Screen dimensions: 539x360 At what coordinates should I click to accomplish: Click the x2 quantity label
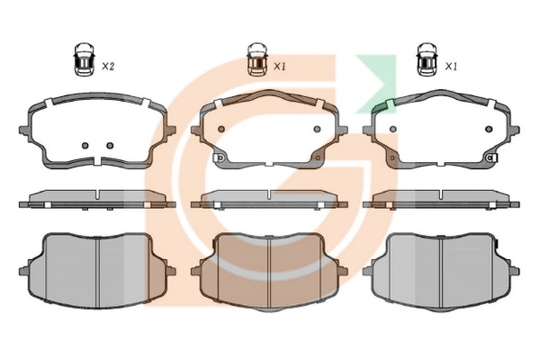[108, 67]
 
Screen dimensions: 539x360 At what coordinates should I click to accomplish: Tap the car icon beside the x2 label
[85, 59]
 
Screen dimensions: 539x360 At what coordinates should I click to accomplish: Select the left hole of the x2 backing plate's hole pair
[85, 146]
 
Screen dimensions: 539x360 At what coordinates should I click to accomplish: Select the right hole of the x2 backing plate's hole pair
[110, 146]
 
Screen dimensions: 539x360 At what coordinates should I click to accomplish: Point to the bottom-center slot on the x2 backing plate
[97, 160]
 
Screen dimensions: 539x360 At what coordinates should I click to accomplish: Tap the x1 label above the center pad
[280, 67]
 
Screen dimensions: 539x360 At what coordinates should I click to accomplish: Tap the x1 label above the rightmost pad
[451, 67]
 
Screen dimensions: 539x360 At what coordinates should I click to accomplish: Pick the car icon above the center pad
[256, 59]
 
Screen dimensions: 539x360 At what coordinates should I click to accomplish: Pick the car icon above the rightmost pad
[427, 59]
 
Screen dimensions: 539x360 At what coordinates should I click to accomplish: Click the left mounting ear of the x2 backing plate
[24, 130]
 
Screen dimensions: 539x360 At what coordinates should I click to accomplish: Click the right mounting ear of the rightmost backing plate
[515, 130]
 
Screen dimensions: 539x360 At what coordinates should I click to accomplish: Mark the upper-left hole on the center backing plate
[221, 130]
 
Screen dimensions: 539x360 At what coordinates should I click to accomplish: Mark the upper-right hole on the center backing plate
[317, 130]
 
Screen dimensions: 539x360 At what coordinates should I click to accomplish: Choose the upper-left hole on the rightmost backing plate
[393, 130]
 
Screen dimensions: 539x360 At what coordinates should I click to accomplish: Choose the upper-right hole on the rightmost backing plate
[489, 130]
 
